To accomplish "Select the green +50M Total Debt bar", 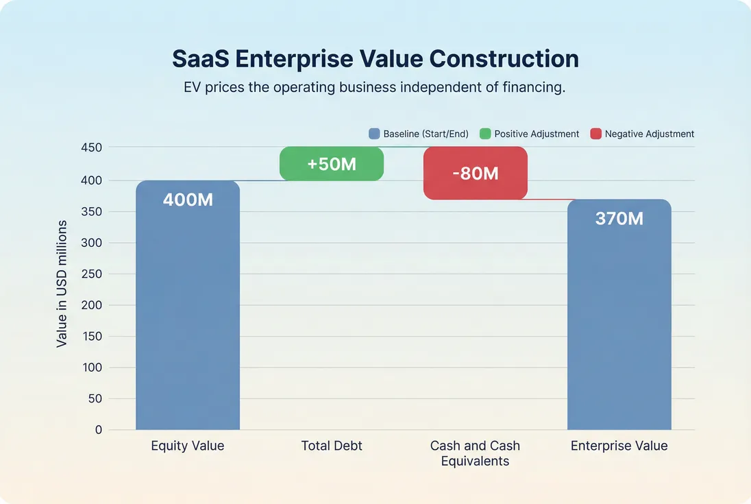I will click(x=332, y=164).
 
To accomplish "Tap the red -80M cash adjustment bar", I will click(x=476, y=173).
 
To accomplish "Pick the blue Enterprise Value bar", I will click(x=619, y=322).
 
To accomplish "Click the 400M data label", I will click(x=188, y=200).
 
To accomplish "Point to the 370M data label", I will click(x=619, y=219).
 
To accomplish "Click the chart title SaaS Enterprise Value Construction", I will click(x=375, y=59).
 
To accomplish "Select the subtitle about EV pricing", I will click(x=375, y=88).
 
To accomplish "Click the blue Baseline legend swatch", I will click(x=374, y=134).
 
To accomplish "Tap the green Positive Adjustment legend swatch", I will click(x=485, y=134).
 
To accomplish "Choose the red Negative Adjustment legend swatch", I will click(x=595, y=134).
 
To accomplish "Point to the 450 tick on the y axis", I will click(x=92, y=147).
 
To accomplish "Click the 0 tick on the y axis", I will click(x=98, y=430).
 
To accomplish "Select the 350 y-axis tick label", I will click(x=92, y=211).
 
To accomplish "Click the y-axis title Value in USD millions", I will click(x=62, y=283).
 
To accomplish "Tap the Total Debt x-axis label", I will click(x=332, y=446).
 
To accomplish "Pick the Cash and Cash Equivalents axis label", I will click(x=476, y=453).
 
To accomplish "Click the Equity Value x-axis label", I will click(x=188, y=446).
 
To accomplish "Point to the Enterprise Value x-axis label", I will click(x=619, y=446).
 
